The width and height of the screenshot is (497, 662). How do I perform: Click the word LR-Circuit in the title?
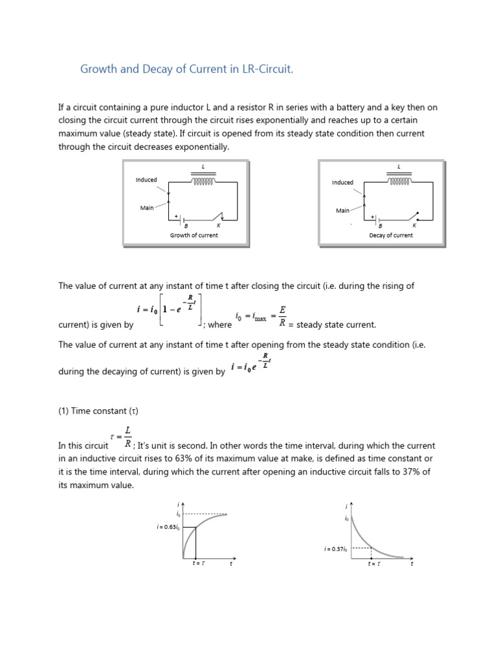(x=263, y=69)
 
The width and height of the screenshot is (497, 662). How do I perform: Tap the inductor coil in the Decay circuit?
(x=399, y=182)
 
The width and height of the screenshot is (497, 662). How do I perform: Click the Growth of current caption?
(x=193, y=235)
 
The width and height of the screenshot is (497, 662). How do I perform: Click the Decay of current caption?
(x=390, y=235)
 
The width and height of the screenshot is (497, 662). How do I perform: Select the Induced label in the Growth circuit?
(x=146, y=180)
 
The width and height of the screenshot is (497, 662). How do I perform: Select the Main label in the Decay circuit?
(x=342, y=211)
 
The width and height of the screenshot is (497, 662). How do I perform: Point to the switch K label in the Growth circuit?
(x=218, y=226)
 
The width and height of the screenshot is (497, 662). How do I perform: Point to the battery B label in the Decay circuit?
(x=381, y=226)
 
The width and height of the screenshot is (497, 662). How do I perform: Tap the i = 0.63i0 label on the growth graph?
(x=167, y=528)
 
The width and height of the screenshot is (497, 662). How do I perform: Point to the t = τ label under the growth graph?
(x=199, y=564)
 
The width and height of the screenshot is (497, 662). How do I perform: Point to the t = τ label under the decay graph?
(x=374, y=564)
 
